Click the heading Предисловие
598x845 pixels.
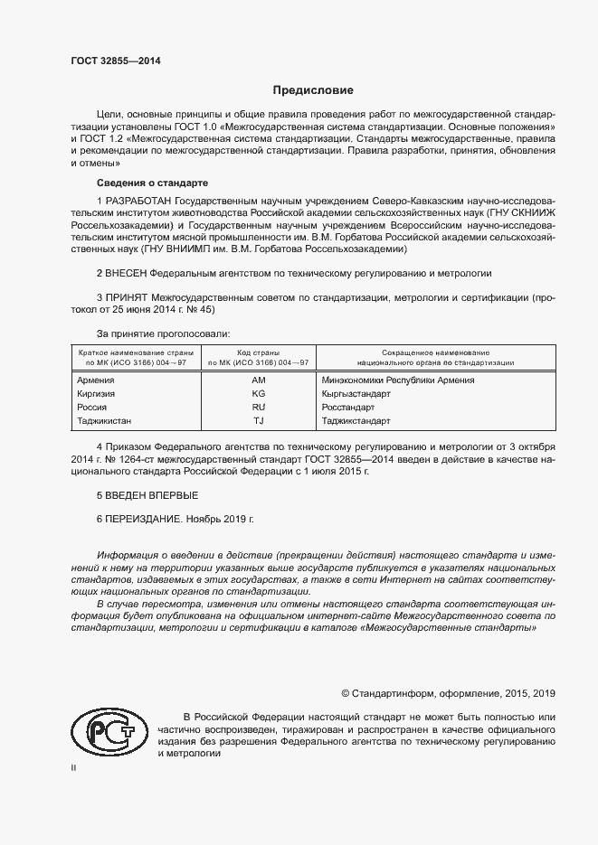pos(313,90)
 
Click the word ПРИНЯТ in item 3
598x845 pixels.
pos(128,296)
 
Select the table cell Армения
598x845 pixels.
pos(97,380)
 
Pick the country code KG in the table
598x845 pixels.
pos(258,394)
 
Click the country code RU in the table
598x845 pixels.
pos(258,408)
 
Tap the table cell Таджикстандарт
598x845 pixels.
pos(356,421)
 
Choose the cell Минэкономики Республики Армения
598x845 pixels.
pos(398,380)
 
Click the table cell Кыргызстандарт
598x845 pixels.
pos(356,394)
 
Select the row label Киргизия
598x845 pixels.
pos(98,394)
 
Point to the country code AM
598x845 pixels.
pos(258,380)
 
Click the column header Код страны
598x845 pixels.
pos(258,352)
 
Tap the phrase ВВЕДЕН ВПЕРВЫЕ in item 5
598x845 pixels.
pos(151,496)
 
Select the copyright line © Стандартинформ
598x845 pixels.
pos(448,693)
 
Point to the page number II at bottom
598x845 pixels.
pos(74,768)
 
